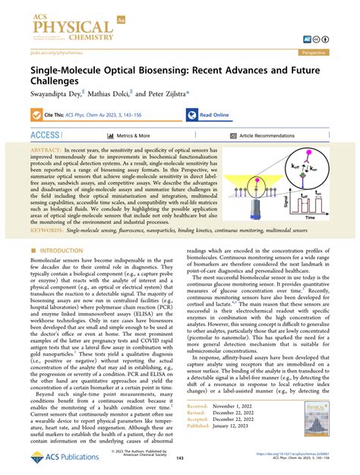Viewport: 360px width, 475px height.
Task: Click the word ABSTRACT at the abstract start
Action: click(48, 152)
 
